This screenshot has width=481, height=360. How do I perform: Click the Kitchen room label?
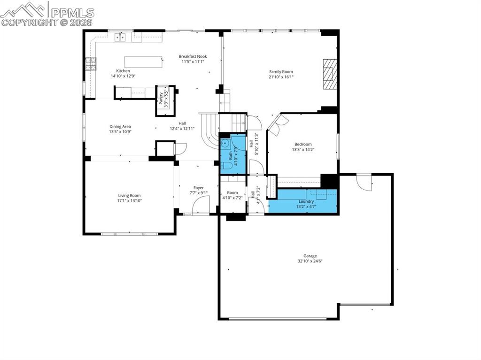tap(120, 71)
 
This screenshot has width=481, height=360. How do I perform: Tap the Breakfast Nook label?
tap(193, 56)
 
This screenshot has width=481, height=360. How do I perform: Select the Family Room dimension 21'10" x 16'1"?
tap(281, 77)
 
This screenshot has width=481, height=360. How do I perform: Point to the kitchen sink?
tap(120, 37)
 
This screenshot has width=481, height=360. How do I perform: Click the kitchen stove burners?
tap(91, 63)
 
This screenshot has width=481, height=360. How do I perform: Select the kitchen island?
tap(143, 62)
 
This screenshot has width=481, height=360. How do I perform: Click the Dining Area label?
tap(120, 126)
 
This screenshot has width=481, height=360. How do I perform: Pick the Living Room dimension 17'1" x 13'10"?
tap(129, 200)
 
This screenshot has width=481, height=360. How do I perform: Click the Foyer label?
tap(198, 188)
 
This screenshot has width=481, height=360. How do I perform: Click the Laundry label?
tap(306, 201)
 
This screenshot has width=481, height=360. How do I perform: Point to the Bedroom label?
tap(303, 145)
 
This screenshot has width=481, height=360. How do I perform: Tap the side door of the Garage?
tap(364, 181)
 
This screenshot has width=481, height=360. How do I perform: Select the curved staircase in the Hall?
tap(209, 130)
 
